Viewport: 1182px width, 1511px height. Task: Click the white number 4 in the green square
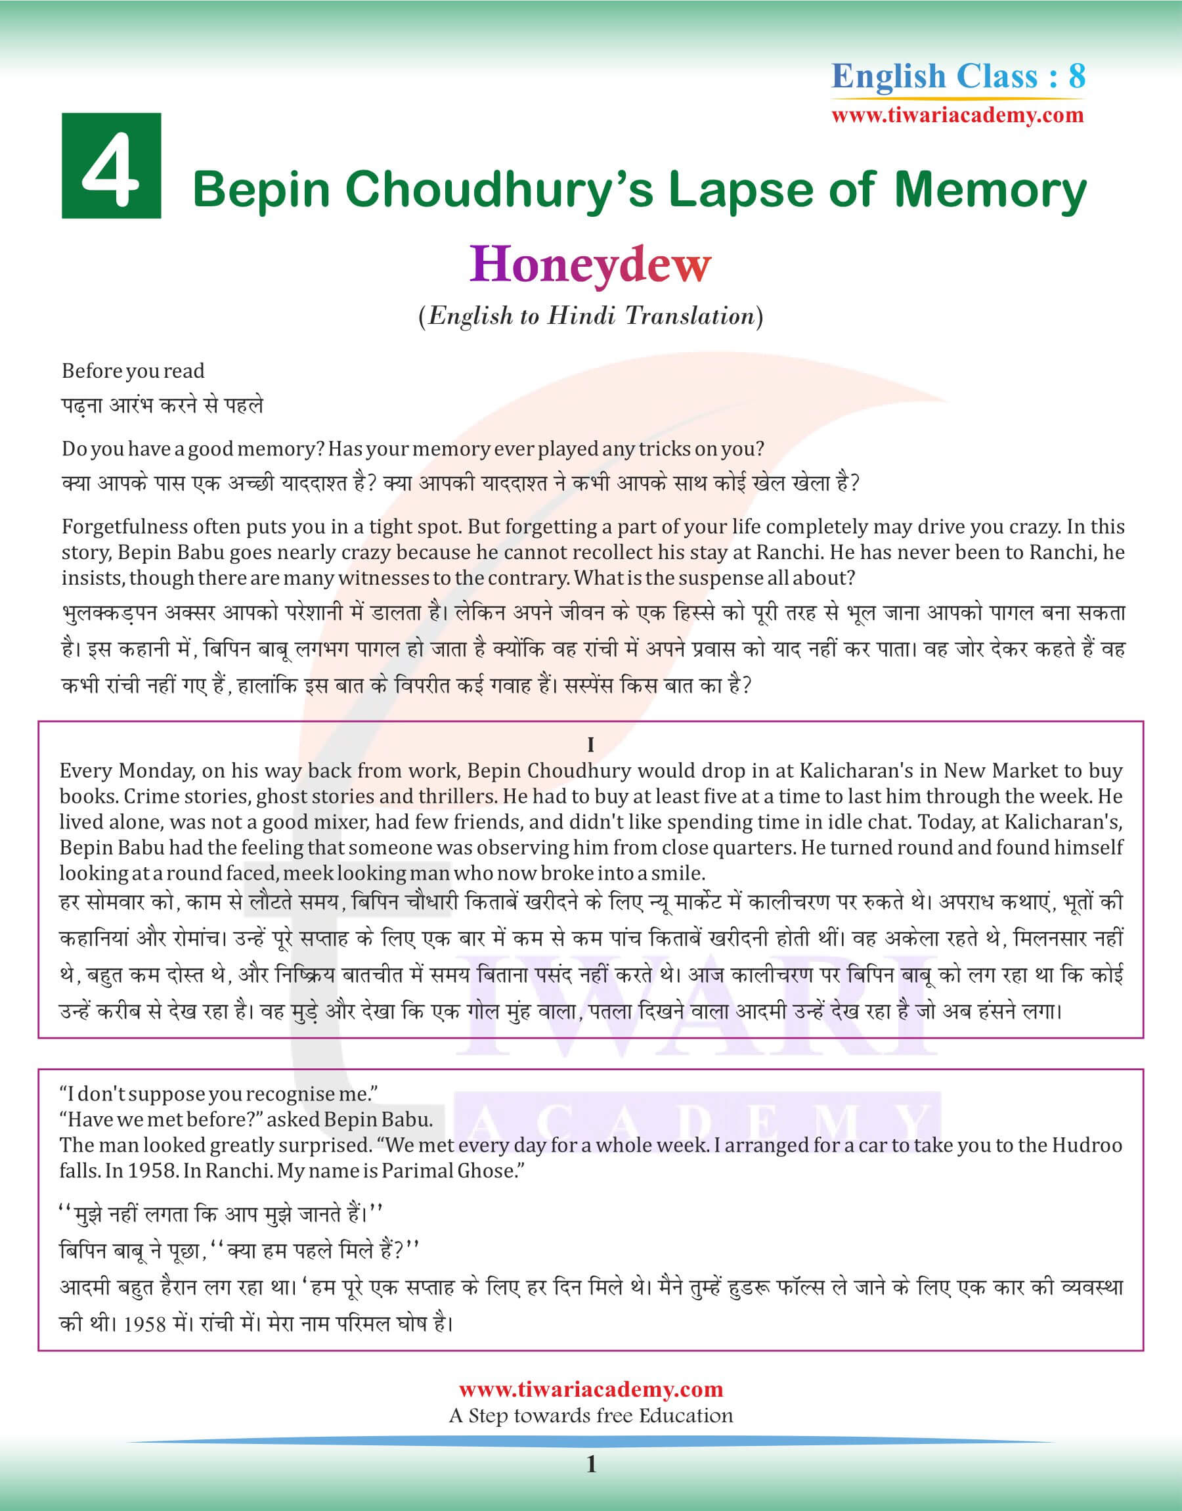tap(111, 167)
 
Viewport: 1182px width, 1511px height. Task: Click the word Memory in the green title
tap(990, 190)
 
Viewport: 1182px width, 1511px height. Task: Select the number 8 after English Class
tap(1076, 76)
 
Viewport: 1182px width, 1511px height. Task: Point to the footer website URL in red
tap(590, 1389)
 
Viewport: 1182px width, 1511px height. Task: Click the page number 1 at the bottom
tap(591, 1464)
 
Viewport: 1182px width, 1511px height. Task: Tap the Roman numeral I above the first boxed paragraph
tap(590, 745)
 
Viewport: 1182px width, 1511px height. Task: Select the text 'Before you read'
tap(133, 371)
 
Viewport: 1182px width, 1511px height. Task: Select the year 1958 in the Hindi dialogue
tap(144, 1325)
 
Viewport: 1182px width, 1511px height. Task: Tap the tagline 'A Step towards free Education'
tap(590, 1416)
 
